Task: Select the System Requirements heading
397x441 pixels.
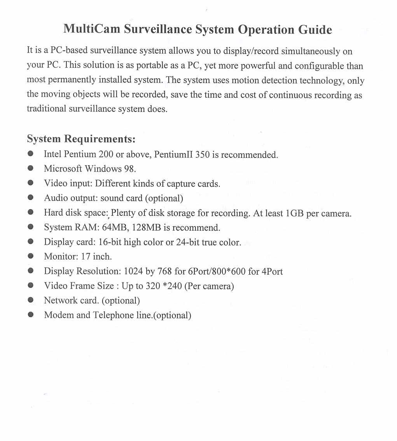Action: pyautogui.click(x=81, y=139)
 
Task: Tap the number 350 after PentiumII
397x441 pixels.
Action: pyautogui.click(x=202, y=154)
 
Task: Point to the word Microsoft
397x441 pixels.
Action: pyautogui.click(x=63, y=169)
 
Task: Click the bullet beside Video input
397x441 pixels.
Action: pyautogui.click(x=30, y=183)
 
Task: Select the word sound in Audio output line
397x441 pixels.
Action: pyautogui.click(x=110, y=198)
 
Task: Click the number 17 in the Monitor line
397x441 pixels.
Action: pyautogui.click(x=86, y=257)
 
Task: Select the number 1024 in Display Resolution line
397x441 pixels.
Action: pyautogui.click(x=133, y=271)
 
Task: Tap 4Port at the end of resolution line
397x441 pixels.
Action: pyautogui.click(x=272, y=271)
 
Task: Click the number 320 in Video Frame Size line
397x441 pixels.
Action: pyautogui.click(x=153, y=286)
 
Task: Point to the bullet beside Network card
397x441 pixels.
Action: pyautogui.click(x=30, y=300)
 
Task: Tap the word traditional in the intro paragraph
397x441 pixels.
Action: pyautogui.click(x=46, y=109)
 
